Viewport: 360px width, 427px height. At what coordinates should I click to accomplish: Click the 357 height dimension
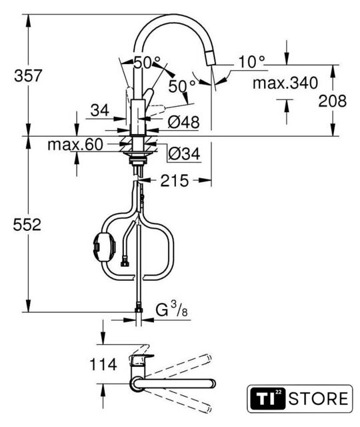28,75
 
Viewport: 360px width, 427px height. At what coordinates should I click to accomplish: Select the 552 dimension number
27,225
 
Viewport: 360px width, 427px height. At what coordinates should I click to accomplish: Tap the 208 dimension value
333,101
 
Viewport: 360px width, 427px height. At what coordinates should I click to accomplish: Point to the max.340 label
285,83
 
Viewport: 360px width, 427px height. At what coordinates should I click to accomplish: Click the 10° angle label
251,62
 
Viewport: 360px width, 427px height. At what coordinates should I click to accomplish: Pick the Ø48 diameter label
183,122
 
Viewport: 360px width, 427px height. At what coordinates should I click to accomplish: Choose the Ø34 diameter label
184,154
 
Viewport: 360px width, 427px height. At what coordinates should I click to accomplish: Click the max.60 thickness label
75,145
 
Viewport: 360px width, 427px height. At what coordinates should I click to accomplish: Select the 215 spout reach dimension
175,181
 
